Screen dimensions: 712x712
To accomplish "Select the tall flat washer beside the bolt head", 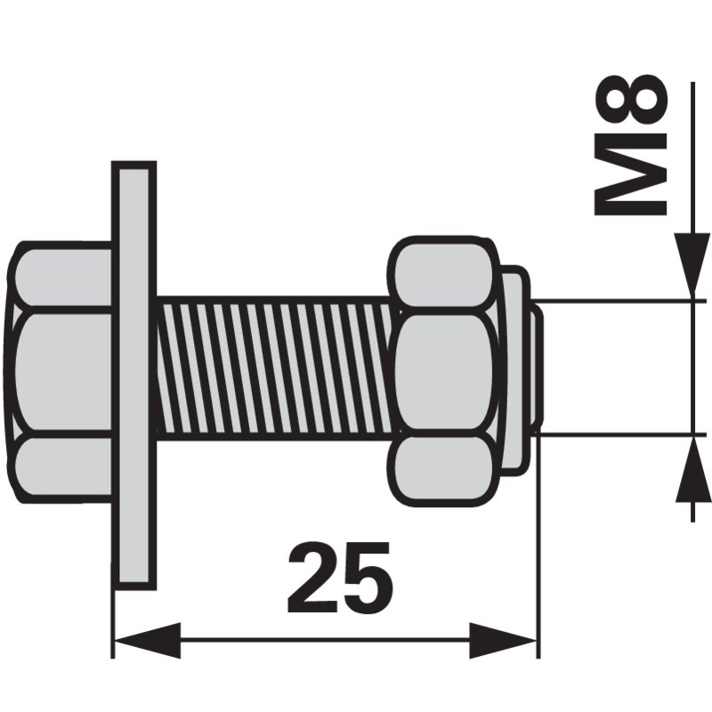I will (x=133, y=375).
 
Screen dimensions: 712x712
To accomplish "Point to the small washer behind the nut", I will (x=514, y=369).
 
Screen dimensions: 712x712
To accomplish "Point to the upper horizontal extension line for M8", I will (x=623, y=301).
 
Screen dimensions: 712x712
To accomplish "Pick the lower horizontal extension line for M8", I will (x=623, y=433).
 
